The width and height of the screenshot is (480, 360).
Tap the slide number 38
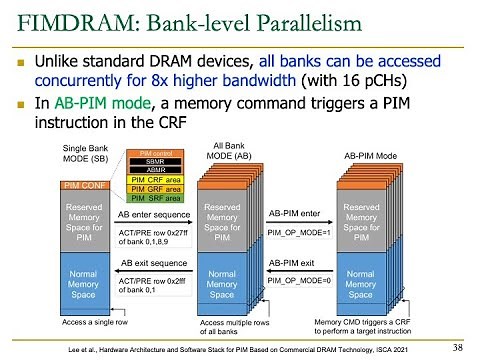tap(458, 347)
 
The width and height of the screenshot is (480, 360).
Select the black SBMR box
tap(156, 161)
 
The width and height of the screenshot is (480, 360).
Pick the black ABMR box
tap(156, 169)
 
